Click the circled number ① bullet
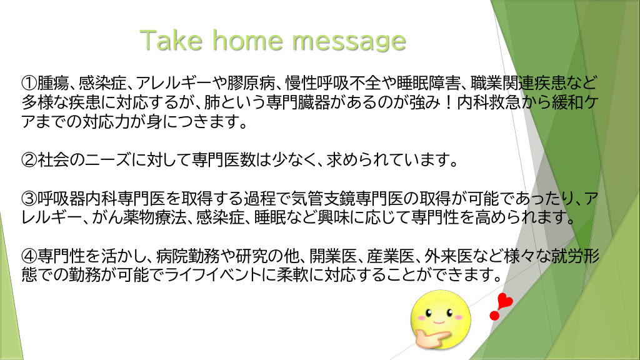click(x=29, y=83)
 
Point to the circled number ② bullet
click(x=29, y=160)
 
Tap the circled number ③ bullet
click(x=29, y=199)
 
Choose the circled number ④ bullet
click(x=29, y=256)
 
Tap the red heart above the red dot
click(x=505, y=301)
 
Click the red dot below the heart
click(x=494, y=316)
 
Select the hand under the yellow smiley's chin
click(x=431, y=337)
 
